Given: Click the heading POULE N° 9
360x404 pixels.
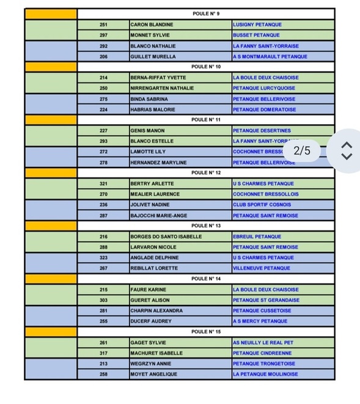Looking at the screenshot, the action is tap(205, 14).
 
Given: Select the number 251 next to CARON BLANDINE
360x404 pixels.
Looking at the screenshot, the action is tap(103, 24).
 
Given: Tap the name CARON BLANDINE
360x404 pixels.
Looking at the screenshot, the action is tap(152, 24).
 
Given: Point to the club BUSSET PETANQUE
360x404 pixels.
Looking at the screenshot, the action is tap(256, 35).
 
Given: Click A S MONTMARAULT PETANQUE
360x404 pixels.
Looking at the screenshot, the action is tap(270, 56).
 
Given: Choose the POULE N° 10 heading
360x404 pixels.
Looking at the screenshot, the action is tap(205, 67).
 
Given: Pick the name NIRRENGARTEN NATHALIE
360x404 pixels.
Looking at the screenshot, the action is tap(162, 88).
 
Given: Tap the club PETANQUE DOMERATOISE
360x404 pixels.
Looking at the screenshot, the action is tap(264, 109).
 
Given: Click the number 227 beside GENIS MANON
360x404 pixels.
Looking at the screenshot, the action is tap(103, 131).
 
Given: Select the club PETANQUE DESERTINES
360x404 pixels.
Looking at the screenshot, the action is tap(262, 131).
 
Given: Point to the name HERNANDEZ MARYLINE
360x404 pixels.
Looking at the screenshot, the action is tap(158, 163).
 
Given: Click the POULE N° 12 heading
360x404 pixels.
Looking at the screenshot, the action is tap(205, 173).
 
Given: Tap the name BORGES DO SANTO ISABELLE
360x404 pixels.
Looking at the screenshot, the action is tap(166, 237).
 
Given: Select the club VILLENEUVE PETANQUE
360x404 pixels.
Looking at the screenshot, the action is tap(261, 268).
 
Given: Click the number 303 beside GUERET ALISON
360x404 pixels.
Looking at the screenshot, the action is tap(103, 300).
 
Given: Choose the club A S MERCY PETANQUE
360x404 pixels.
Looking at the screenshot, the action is tap(260, 321).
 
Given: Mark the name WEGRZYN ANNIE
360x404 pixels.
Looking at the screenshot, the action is tap(151, 364).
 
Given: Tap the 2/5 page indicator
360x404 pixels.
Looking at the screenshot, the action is tap(302, 150).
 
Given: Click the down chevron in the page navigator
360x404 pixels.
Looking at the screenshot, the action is tap(347, 156).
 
